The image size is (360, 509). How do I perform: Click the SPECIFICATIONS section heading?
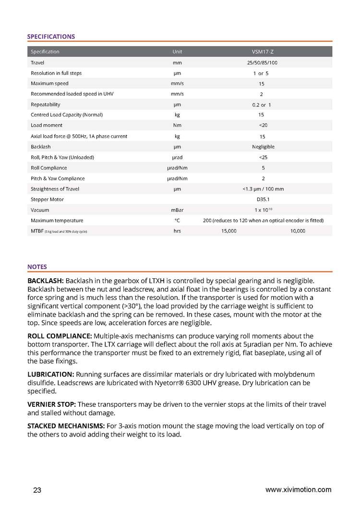(x=51, y=36)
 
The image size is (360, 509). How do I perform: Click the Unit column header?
(x=177, y=52)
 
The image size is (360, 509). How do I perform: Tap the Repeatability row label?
(x=46, y=105)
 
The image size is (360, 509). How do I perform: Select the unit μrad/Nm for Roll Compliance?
(x=177, y=168)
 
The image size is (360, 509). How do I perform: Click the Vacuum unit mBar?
(x=177, y=210)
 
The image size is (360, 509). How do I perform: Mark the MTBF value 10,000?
(x=298, y=231)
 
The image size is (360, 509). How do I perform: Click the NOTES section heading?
(x=37, y=267)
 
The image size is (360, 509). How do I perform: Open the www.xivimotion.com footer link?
(x=298, y=490)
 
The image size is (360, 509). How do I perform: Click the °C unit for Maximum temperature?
(x=177, y=221)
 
